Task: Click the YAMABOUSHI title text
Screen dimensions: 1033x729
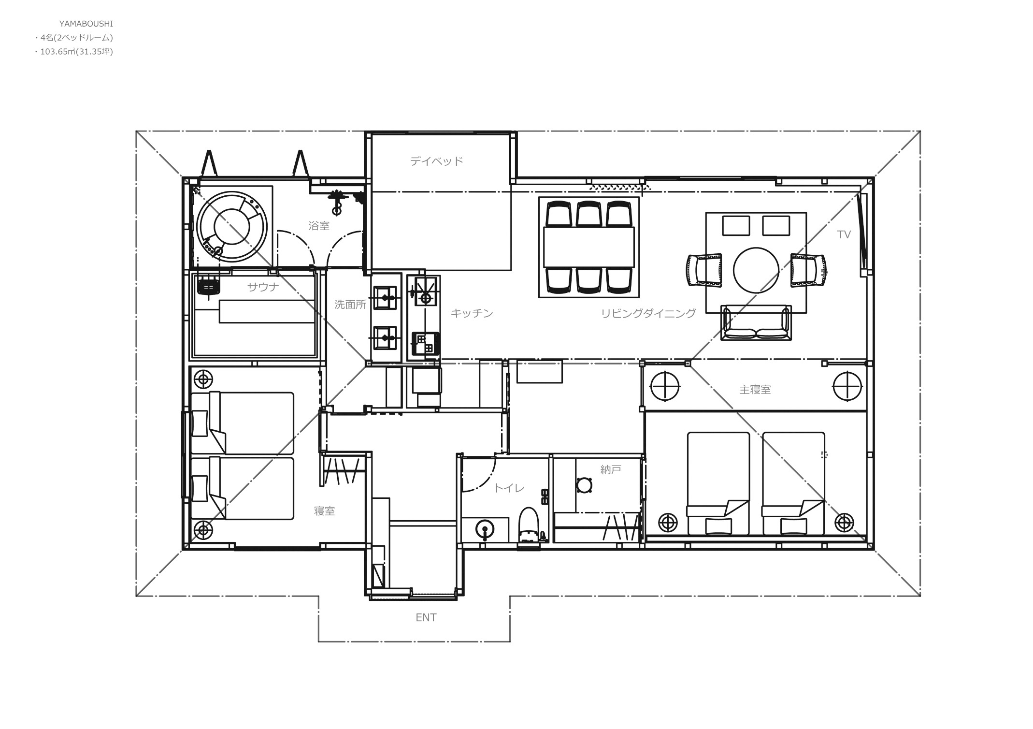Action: click(x=86, y=23)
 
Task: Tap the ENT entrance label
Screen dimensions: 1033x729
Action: click(x=426, y=618)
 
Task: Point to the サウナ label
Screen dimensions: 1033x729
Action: click(x=263, y=287)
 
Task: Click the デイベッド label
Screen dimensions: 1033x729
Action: click(x=436, y=161)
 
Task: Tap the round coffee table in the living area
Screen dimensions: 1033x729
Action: click(x=756, y=270)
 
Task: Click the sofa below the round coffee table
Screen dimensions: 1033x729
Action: click(x=756, y=323)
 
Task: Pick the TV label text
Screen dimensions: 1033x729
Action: click(x=844, y=235)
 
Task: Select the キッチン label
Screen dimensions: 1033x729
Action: click(x=472, y=313)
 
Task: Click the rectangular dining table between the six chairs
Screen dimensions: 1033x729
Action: click(x=588, y=247)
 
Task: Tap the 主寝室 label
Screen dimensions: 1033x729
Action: click(x=755, y=390)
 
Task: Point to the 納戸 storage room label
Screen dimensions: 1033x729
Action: click(x=611, y=469)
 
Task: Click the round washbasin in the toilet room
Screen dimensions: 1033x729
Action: click(x=485, y=529)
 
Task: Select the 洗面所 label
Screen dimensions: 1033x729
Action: click(x=350, y=305)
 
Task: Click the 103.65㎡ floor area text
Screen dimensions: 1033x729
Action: click(x=58, y=51)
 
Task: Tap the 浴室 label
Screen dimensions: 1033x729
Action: click(x=319, y=226)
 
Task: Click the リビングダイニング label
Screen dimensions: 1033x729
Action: click(x=648, y=313)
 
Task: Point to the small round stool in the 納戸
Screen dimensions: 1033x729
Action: click(x=585, y=485)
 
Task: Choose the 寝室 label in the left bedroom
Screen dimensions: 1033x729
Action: click(x=324, y=511)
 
